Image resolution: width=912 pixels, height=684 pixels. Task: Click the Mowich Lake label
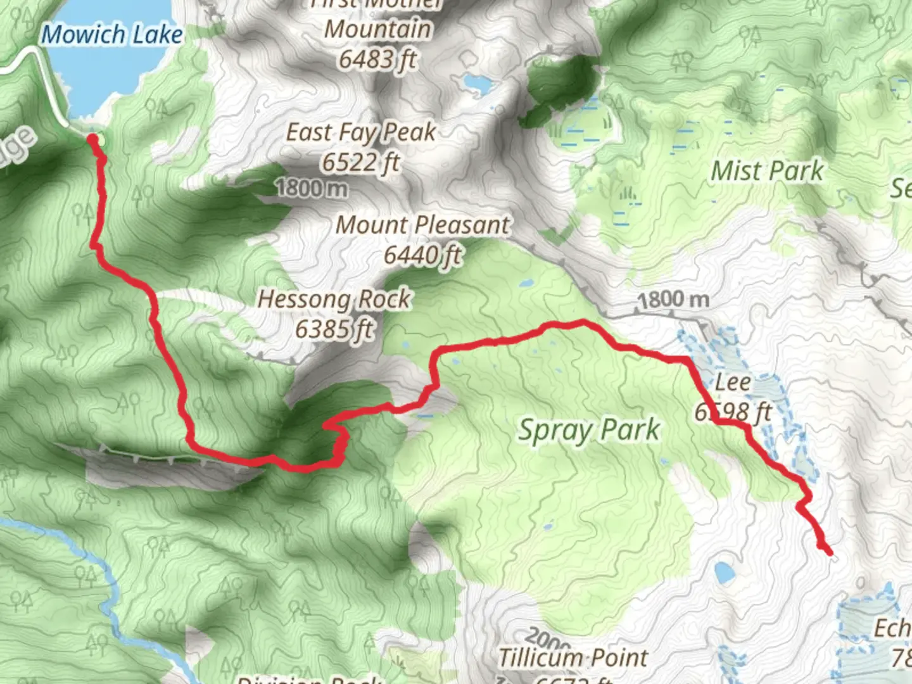coord(112,34)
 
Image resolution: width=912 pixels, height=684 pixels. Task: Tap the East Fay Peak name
coord(361,132)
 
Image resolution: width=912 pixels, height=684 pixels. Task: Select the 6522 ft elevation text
coord(360,162)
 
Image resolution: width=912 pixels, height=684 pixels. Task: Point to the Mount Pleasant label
coord(422,225)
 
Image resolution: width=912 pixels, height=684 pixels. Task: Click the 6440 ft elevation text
coord(422,255)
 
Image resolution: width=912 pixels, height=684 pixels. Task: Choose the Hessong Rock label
coord(334,299)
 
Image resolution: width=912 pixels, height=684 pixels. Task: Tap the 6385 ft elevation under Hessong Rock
coord(334,329)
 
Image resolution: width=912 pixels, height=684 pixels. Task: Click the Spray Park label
coord(589,431)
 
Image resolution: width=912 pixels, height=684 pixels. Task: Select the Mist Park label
coord(767,171)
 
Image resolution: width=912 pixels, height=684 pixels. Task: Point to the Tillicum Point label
coord(573,657)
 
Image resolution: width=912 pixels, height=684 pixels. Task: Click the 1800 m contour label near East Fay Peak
coord(312,188)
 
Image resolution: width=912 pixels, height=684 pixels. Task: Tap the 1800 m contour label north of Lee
coord(673,300)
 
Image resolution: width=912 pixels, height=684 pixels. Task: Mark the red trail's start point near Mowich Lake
coord(92,138)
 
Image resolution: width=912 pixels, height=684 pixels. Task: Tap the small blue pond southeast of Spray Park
coord(725,573)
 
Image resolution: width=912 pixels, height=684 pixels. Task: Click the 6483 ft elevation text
coord(377,60)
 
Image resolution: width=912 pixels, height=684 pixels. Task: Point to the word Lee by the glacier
coord(733,383)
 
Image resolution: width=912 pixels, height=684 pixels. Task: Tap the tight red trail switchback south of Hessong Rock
coord(338,440)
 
